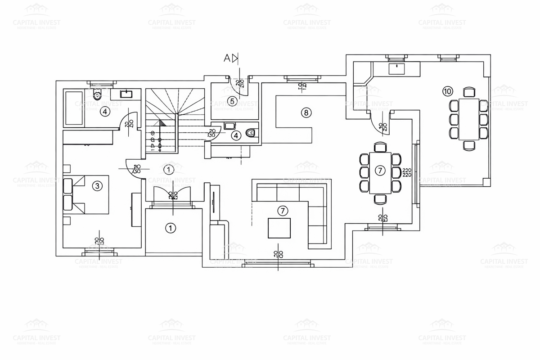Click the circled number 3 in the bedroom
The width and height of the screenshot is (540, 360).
pyautogui.click(x=96, y=185)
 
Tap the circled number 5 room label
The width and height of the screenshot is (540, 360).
pyautogui.click(x=232, y=101)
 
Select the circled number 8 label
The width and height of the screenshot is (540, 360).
pyautogui.click(x=306, y=112)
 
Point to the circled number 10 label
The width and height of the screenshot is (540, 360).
pyautogui.click(x=447, y=91)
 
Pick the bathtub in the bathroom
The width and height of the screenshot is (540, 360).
pyautogui.click(x=74, y=108)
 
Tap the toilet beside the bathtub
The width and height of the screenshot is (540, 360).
pyautogui.click(x=96, y=95)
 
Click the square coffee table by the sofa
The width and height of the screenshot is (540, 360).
pyautogui.click(x=279, y=228)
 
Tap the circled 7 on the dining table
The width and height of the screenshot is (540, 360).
pyautogui.click(x=380, y=171)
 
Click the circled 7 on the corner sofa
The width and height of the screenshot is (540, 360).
pyautogui.click(x=282, y=210)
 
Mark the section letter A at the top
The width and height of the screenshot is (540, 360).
pyautogui.click(x=227, y=58)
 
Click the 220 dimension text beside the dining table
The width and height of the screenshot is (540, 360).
pyautogui.click(x=407, y=172)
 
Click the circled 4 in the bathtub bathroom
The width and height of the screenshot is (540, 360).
pyautogui.click(x=105, y=112)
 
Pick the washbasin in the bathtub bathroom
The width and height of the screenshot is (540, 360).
pyautogui.click(x=126, y=94)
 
